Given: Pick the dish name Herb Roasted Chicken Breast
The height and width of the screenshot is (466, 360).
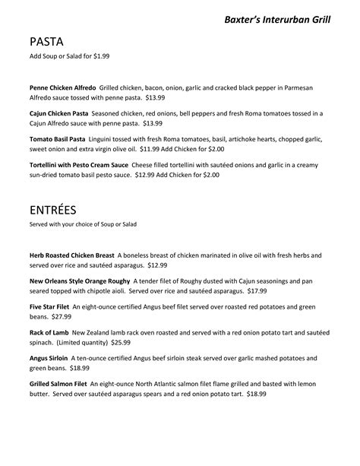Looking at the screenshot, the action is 72,255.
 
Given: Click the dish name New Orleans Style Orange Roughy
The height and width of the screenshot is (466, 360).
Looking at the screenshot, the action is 81,281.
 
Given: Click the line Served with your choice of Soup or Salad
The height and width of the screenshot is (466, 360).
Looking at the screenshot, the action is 83,224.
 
